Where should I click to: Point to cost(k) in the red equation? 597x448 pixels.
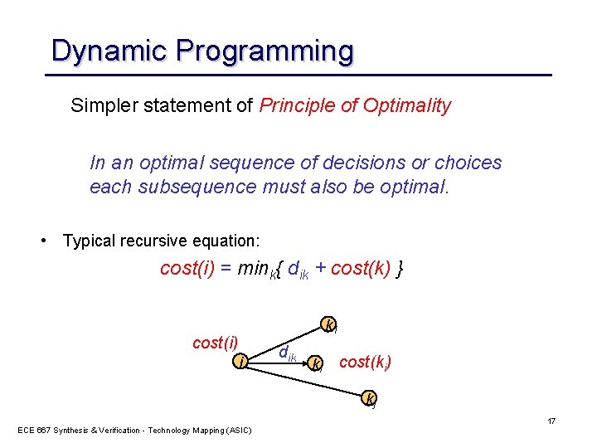(361, 270)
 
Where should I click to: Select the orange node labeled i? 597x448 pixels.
(240, 362)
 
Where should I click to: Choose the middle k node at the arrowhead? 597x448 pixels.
(314, 363)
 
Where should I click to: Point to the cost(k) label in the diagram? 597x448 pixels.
(366, 362)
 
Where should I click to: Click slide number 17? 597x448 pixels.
(551, 421)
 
